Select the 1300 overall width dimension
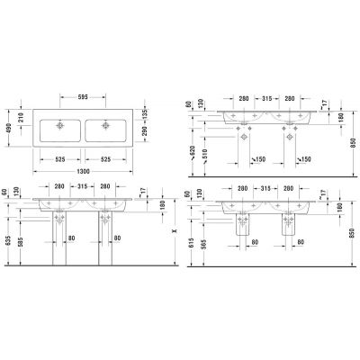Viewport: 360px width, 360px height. (87, 171)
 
